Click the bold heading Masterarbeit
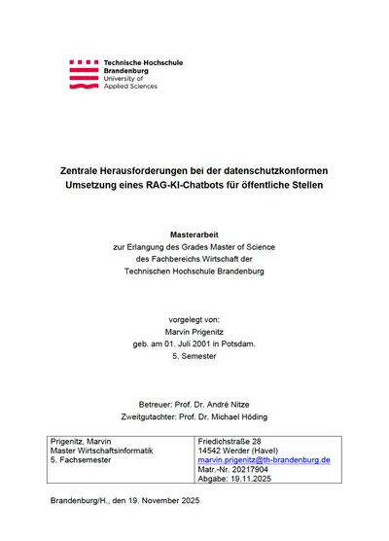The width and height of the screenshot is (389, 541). click(x=194, y=234)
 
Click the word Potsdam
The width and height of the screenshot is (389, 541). click(x=238, y=344)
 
